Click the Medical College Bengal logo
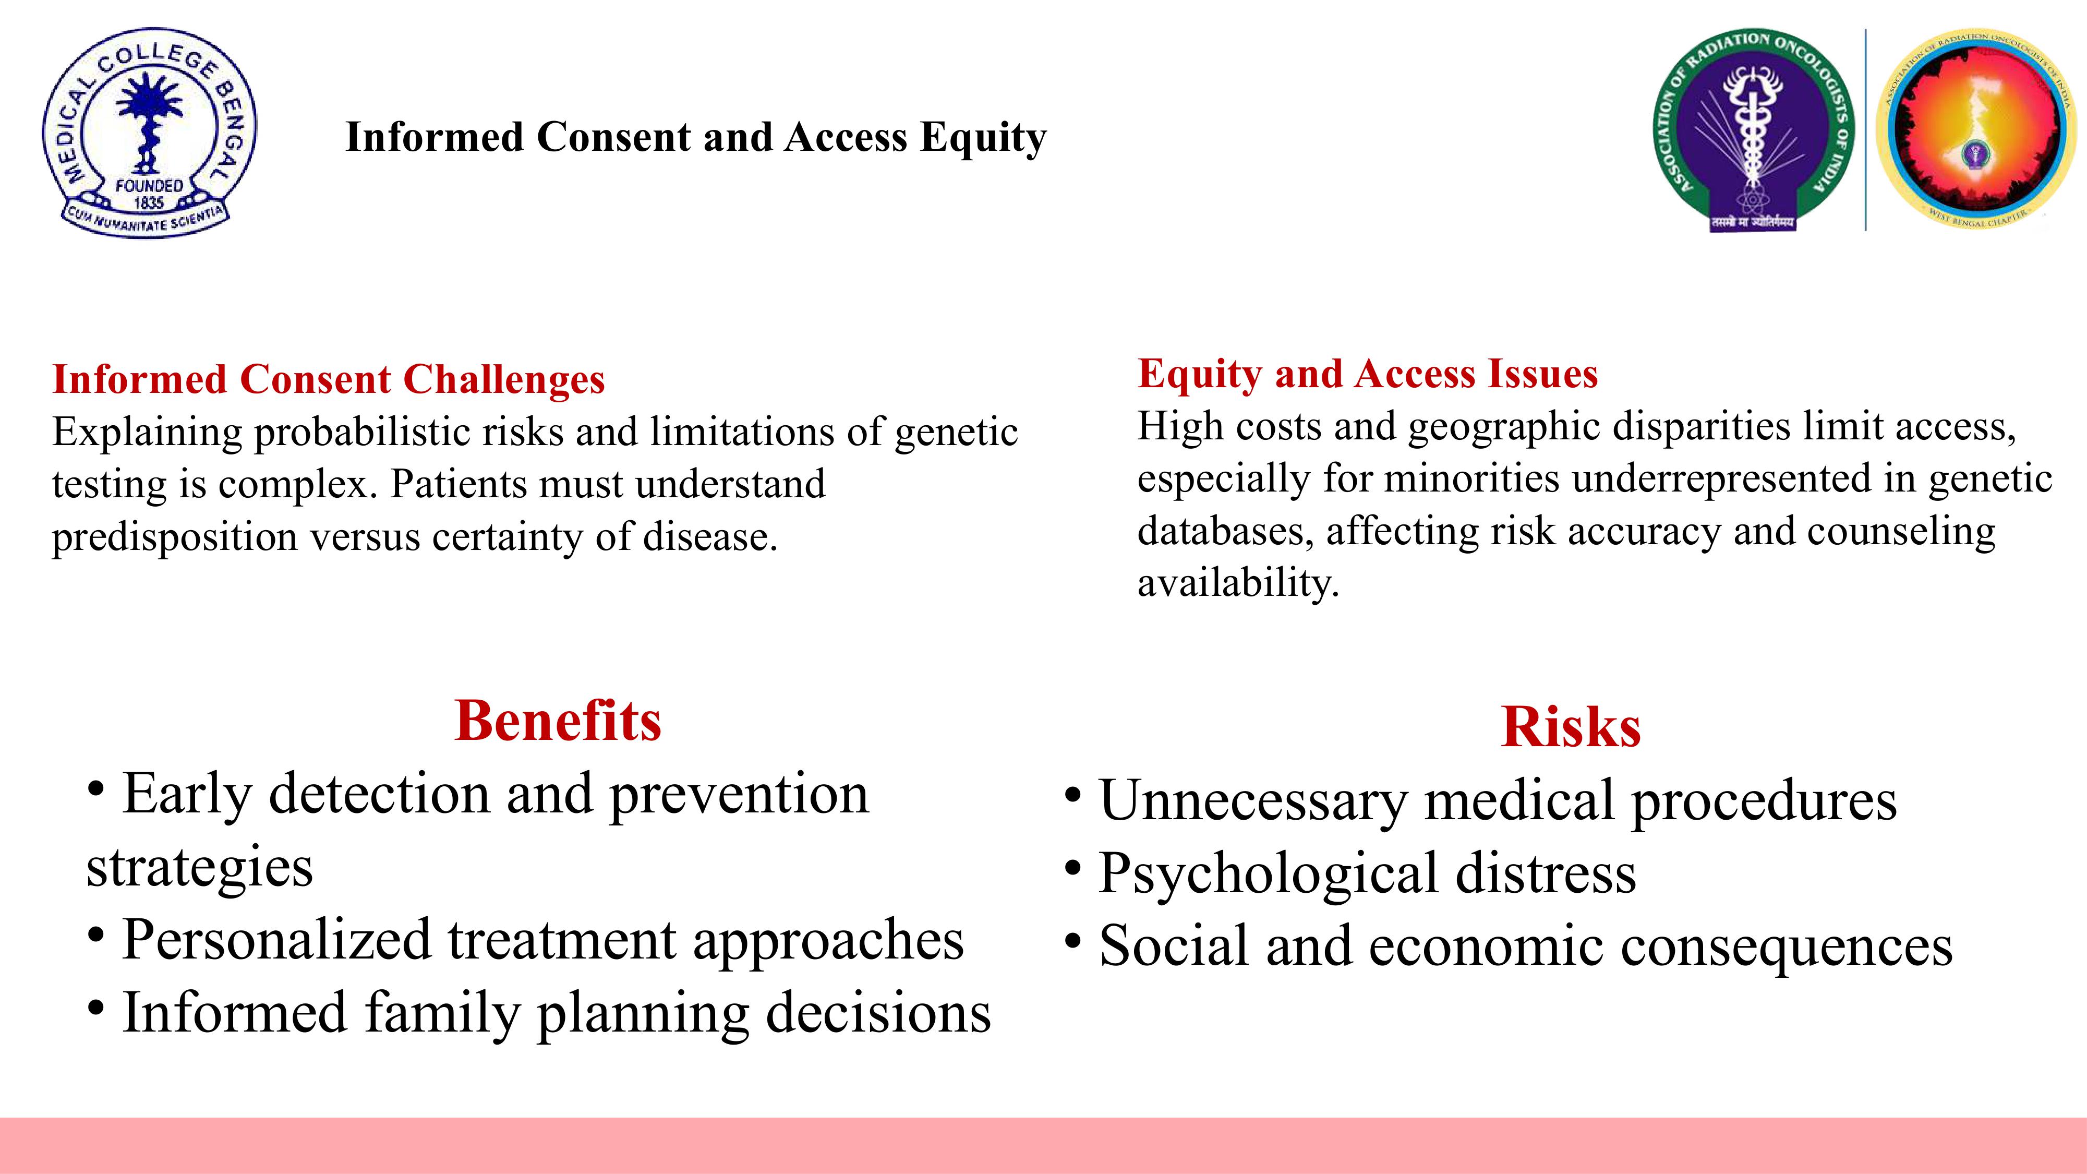tap(149, 133)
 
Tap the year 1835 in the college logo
tap(149, 202)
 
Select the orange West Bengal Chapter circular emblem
tap(1976, 129)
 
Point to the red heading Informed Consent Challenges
tap(328, 379)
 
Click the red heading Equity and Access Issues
tap(1368, 374)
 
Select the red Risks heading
tap(1571, 726)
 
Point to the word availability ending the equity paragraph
tap(1238, 582)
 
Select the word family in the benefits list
tap(441, 1014)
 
